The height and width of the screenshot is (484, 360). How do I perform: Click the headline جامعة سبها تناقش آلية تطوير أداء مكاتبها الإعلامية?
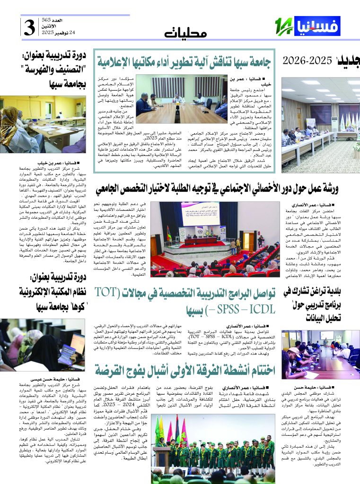(x=185, y=60)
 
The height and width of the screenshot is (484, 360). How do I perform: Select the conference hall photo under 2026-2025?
(x=320, y=124)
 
